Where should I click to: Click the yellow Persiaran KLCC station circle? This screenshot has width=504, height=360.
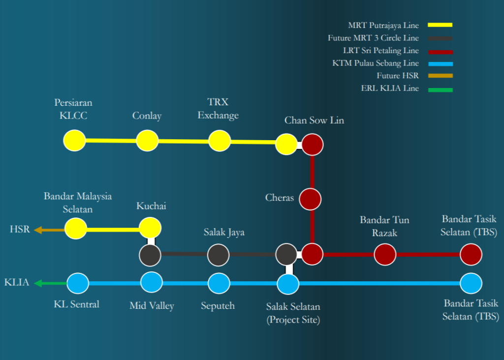[74, 141]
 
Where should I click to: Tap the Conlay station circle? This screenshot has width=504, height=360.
[147, 141]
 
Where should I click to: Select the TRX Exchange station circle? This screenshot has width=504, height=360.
[220, 141]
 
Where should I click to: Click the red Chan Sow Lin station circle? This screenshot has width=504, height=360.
[312, 145]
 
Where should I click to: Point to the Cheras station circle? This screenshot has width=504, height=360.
[311, 199]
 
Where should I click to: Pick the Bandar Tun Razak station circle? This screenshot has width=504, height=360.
[385, 254]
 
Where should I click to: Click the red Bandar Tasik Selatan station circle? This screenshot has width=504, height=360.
[471, 254]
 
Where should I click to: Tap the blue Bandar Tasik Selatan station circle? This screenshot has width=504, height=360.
[471, 283]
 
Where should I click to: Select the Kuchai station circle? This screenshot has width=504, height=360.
[150, 228]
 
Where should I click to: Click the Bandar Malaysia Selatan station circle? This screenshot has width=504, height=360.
[76, 229]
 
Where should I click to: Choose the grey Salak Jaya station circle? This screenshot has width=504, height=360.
[219, 255]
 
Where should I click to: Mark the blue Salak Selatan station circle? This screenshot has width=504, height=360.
[288, 284]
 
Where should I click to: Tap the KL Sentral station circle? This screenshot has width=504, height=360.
[78, 283]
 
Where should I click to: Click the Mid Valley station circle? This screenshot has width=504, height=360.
[152, 282]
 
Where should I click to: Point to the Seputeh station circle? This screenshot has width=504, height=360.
[219, 283]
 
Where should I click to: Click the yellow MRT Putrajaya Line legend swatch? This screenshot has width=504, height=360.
[440, 25]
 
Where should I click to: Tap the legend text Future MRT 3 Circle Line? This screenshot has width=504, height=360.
[373, 38]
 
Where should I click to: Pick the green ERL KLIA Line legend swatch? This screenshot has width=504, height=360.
[440, 89]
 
